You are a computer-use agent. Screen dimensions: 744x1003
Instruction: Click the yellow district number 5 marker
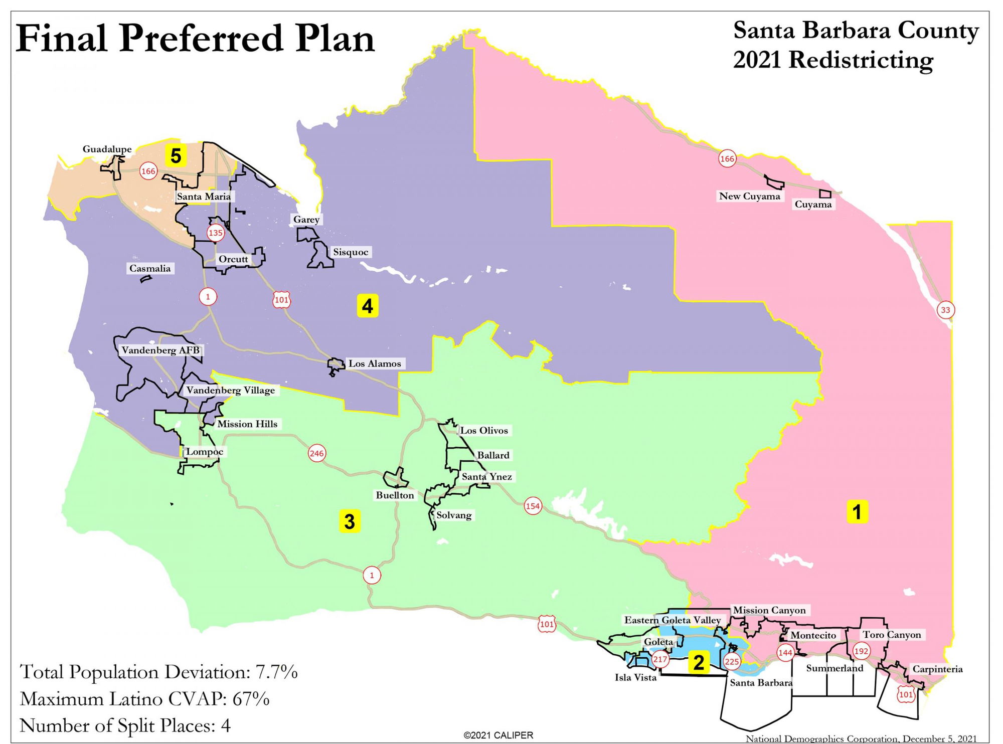176,156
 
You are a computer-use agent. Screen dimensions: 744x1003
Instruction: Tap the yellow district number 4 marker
367,306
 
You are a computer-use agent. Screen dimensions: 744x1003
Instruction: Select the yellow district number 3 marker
350,521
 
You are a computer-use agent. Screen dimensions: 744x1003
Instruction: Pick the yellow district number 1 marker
857,512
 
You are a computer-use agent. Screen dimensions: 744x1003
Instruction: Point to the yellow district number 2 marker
699,662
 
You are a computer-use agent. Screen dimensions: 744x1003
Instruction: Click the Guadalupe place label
107,149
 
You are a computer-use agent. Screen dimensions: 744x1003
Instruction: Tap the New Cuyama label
749,196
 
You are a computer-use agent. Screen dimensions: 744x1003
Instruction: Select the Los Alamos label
375,363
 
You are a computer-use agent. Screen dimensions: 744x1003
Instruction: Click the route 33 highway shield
945,310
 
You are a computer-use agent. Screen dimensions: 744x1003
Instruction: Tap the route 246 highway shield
316,454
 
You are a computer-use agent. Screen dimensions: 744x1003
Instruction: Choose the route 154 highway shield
533,506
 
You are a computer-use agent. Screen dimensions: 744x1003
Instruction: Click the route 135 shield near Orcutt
215,233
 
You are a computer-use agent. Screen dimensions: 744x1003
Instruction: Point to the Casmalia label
150,268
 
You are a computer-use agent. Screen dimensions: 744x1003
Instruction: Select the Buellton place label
395,495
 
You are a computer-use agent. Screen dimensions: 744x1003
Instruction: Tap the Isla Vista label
635,678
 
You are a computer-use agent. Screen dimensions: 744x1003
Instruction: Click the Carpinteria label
937,669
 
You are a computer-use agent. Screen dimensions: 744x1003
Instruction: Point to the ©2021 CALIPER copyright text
498,735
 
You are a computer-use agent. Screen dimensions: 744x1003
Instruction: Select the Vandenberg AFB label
160,350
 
